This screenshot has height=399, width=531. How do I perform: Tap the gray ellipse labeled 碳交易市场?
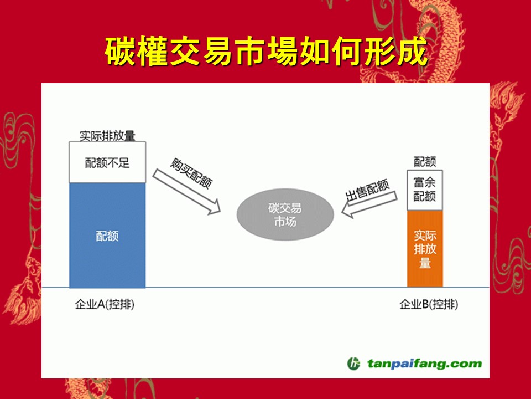click(285, 214)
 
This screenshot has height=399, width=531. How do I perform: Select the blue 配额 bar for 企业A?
click(107, 235)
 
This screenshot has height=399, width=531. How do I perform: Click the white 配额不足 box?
click(107, 162)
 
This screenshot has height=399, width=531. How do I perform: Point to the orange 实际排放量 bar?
click(425, 249)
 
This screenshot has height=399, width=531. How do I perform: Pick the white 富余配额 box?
click(425, 190)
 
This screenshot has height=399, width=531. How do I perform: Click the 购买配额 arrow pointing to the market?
click(186, 192)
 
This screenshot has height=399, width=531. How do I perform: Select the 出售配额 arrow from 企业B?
click(369, 204)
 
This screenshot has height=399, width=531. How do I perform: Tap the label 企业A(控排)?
click(105, 304)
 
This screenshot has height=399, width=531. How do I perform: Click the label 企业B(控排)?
click(429, 304)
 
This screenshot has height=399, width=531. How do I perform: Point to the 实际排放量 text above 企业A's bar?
click(107, 136)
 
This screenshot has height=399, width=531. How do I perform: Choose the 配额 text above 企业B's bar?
click(425, 162)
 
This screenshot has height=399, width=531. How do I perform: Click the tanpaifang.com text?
click(424, 364)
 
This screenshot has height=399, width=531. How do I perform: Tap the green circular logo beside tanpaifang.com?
click(353, 364)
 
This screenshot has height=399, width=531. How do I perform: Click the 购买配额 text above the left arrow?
click(191, 173)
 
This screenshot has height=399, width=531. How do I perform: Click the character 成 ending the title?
click(412, 51)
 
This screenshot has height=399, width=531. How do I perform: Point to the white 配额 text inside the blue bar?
click(107, 236)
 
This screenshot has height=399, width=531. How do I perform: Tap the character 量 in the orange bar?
click(425, 263)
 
